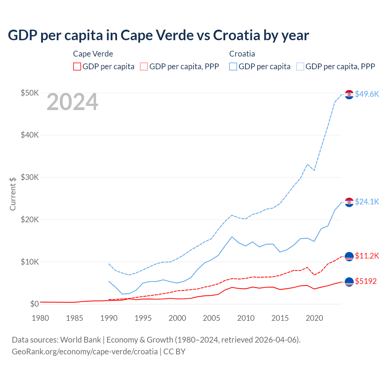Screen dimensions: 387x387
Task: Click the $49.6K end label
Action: tap(367, 94)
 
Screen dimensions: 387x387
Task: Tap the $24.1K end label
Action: tap(367, 202)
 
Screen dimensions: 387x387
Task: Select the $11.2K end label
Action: tap(367, 256)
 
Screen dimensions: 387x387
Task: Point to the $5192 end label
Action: tap(366, 281)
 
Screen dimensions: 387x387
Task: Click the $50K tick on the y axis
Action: tap(30, 93)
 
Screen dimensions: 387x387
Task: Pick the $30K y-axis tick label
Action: tap(30, 177)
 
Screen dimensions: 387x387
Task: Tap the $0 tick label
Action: tap(34, 304)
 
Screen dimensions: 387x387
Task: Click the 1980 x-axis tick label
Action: tap(40, 318)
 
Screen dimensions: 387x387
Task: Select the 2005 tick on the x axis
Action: tap(211, 318)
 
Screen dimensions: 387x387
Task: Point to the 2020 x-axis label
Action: tap(314, 318)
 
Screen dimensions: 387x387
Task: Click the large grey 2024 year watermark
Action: tap(72, 102)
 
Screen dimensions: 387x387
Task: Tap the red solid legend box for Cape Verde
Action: tap(77, 67)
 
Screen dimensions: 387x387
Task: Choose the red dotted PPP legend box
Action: tap(144, 67)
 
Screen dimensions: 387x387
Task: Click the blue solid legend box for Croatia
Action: tap(233, 67)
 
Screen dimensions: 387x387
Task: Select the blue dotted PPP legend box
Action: tap(300, 67)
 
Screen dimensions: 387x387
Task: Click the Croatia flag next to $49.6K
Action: tap(349, 94)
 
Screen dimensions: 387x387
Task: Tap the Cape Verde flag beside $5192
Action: tap(349, 282)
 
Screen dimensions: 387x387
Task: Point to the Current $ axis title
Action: tap(13, 194)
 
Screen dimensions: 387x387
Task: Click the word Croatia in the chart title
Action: tap(236, 35)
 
